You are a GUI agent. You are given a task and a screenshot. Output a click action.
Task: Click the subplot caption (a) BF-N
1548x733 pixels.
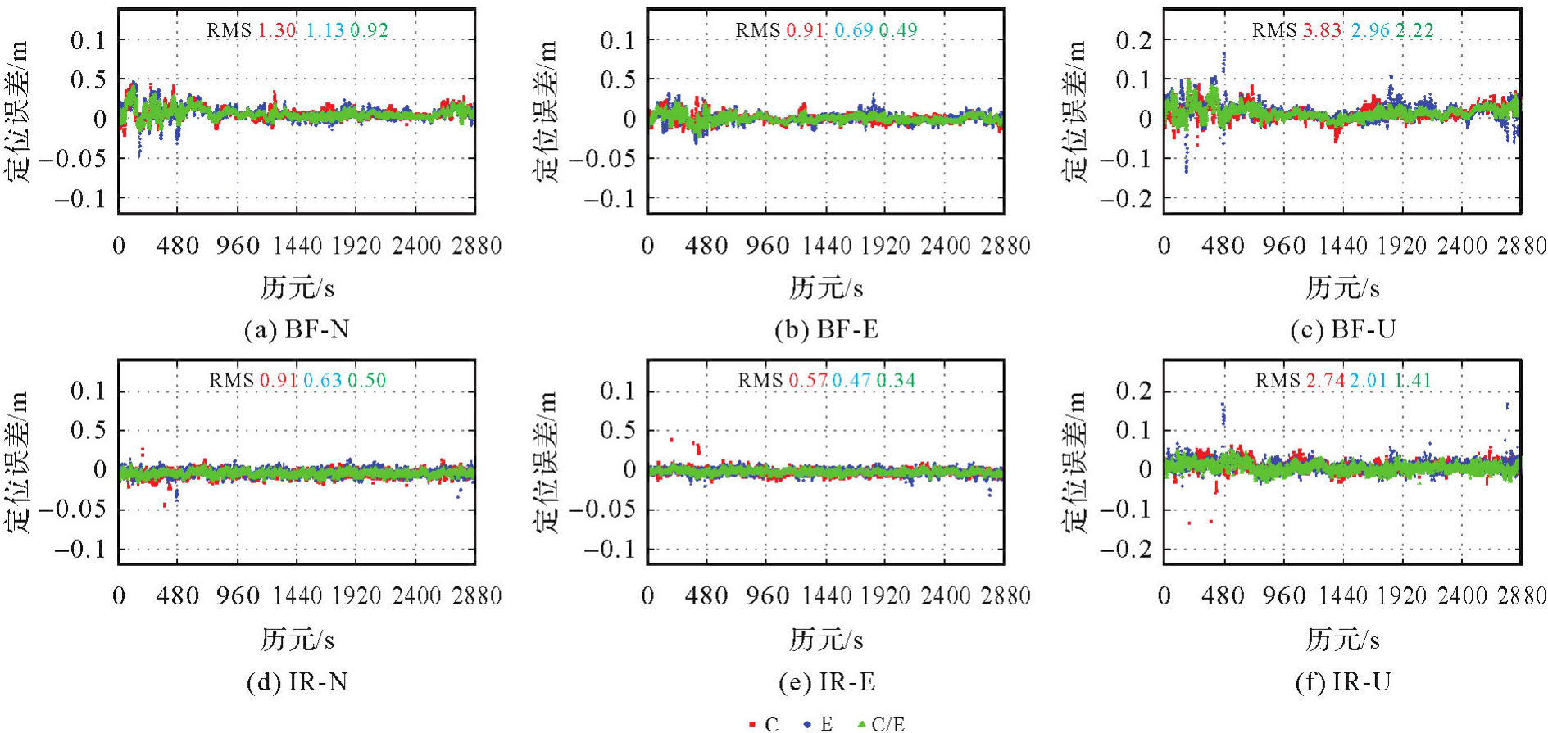(297, 329)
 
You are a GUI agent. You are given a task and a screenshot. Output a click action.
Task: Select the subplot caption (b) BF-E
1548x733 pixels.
(826, 329)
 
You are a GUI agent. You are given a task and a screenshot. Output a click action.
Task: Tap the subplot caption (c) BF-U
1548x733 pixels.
(1342, 329)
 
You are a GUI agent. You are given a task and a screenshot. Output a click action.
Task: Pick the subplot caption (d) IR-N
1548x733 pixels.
(297, 681)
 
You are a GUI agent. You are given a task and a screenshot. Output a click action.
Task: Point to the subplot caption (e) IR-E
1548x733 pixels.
(826, 681)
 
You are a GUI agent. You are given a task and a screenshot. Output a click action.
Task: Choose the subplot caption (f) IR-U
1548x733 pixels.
(1342, 681)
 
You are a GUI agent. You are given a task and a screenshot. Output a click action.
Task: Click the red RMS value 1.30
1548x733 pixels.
(277, 30)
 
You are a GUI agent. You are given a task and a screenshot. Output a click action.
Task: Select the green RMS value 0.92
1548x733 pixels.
(370, 30)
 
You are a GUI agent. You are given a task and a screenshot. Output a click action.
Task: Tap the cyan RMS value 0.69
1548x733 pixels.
(854, 30)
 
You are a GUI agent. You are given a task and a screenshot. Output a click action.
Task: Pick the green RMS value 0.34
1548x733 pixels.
(897, 381)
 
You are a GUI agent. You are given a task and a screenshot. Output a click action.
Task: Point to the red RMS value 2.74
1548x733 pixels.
(1325, 381)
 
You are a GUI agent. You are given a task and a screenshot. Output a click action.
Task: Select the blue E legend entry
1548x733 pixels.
(819, 724)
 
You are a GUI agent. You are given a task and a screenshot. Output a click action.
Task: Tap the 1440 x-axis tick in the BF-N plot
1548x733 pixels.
(297, 246)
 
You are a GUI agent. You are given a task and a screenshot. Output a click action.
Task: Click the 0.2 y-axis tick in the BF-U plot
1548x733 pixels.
(1134, 39)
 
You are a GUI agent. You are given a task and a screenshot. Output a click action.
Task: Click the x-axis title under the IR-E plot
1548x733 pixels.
(826, 640)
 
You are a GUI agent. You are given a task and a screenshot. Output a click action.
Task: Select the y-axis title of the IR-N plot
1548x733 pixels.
(18, 463)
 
